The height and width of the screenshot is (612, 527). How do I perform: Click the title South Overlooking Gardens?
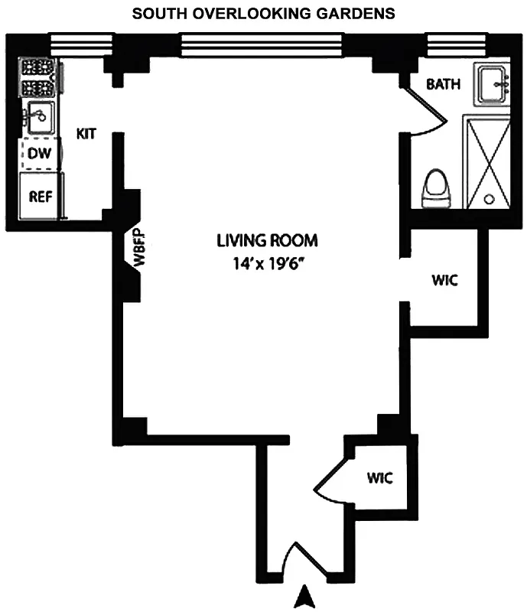pos(263,13)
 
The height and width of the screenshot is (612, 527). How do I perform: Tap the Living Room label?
pos(266,240)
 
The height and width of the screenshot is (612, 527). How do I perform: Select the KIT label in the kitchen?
pos(86,133)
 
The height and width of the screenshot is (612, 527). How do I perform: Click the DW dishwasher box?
pos(39,154)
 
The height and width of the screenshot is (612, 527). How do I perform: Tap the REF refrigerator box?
pos(41,196)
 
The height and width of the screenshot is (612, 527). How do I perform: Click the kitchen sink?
pos(39,117)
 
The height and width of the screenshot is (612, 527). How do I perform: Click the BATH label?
pos(444,84)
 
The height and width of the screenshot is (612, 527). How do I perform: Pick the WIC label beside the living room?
pos(444,280)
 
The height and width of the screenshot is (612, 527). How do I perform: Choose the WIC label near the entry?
pos(379,479)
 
